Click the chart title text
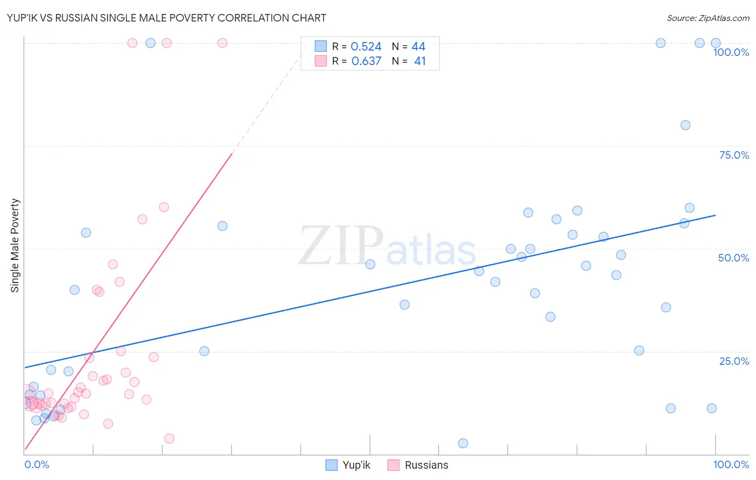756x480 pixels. (166, 18)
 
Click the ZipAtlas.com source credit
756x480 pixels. (708, 18)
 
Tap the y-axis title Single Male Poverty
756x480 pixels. (15, 245)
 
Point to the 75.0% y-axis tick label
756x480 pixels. (734, 155)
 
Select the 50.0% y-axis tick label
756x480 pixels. (733, 258)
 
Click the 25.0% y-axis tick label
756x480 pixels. (734, 361)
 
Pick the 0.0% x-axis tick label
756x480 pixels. (37, 464)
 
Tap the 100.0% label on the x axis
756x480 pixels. (731, 464)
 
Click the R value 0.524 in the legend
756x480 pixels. (366, 47)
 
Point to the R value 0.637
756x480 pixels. (366, 61)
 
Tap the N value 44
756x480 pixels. (418, 47)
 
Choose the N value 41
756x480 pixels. (420, 61)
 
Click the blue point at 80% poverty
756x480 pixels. (685, 125)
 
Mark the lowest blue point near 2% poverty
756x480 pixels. (463, 443)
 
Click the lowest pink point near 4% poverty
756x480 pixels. (169, 439)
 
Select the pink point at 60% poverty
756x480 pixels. (164, 207)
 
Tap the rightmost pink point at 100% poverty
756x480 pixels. (222, 43)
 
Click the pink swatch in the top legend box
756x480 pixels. (321, 61)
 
